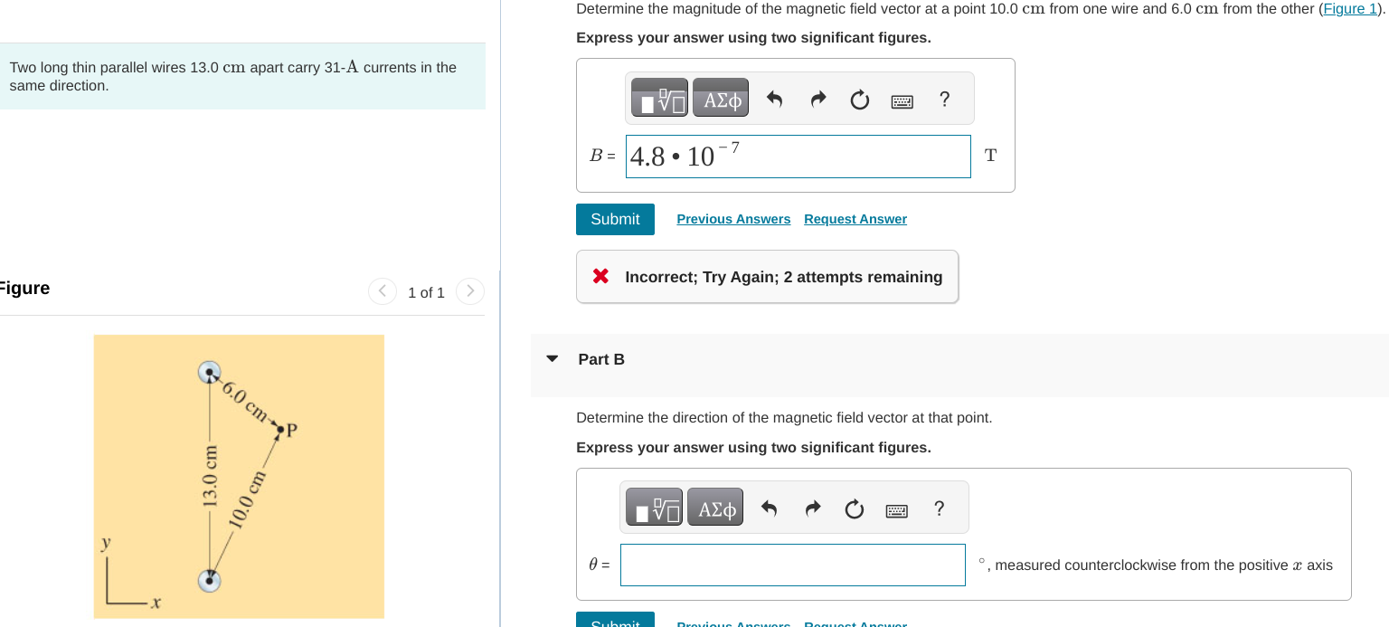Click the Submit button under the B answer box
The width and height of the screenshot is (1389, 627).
[x=615, y=219]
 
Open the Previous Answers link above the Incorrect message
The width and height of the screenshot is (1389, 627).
[x=733, y=219]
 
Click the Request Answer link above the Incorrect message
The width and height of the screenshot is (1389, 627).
[x=855, y=219]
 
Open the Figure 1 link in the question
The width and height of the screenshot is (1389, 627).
[x=1349, y=9]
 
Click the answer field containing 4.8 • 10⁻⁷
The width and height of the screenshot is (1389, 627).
[x=798, y=157]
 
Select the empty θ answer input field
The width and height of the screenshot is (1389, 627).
[x=792, y=565]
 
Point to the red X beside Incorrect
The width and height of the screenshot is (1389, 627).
[x=600, y=277]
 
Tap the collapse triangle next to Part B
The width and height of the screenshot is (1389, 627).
[x=553, y=359]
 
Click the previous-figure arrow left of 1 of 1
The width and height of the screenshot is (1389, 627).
[x=383, y=291]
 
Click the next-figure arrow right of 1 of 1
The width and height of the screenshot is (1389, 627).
[x=470, y=291]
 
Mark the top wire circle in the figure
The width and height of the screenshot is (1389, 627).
[x=210, y=372]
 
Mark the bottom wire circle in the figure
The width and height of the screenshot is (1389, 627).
[x=210, y=580]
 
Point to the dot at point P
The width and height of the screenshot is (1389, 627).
[x=280, y=429]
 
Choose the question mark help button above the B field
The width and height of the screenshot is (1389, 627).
[x=945, y=99]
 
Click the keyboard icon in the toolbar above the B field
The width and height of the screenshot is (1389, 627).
[x=902, y=100]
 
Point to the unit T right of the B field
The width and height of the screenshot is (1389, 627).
[x=990, y=156]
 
